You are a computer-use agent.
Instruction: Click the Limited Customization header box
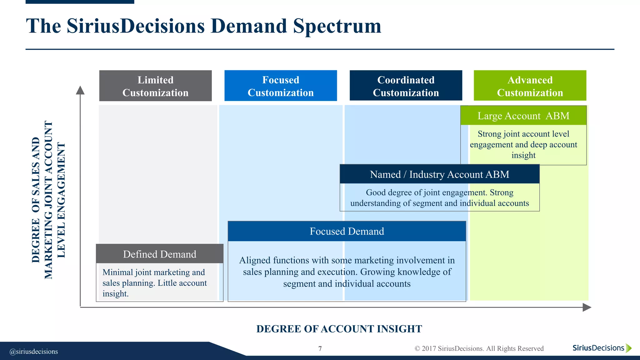(155, 86)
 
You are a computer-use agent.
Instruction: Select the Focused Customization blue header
(281, 86)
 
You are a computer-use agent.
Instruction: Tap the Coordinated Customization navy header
(406, 86)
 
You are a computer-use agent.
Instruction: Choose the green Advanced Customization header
(530, 86)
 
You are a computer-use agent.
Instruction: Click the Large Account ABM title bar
(523, 116)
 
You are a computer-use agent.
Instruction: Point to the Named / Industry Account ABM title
(439, 174)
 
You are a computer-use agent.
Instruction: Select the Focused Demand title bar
(347, 232)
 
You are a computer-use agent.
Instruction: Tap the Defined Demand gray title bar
(160, 254)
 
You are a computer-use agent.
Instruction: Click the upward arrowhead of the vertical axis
(80, 90)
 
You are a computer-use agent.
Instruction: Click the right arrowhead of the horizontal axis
(587, 307)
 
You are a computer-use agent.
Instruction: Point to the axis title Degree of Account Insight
(339, 329)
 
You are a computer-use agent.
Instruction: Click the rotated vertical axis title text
(48, 200)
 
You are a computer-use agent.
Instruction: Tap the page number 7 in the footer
(320, 348)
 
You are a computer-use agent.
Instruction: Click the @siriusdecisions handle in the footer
(34, 352)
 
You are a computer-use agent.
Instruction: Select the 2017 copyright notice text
(479, 348)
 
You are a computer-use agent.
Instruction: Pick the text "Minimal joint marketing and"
(154, 272)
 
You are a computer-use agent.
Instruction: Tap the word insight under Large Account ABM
(523, 155)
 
